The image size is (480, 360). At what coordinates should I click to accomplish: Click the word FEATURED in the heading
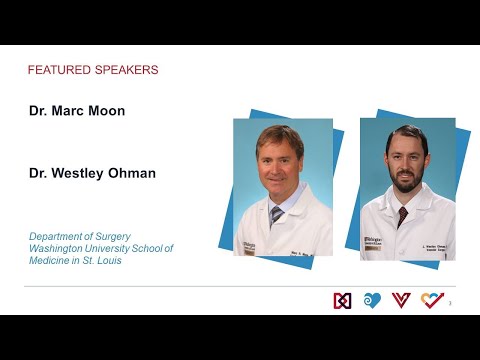[58, 70]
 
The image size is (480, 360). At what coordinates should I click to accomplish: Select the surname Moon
[106, 111]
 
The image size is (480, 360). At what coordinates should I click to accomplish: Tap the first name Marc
[66, 111]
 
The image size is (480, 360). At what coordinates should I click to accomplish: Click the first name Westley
[82, 173]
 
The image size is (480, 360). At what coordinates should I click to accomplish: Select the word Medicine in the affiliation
[54, 260]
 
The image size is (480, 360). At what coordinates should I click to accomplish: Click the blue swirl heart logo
[372, 300]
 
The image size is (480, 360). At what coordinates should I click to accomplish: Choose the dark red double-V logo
[402, 300]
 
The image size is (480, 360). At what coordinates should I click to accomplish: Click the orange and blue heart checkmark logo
[432, 300]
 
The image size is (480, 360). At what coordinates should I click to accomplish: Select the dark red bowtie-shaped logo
[342, 300]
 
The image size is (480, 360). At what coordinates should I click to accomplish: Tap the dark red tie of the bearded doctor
[402, 217]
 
